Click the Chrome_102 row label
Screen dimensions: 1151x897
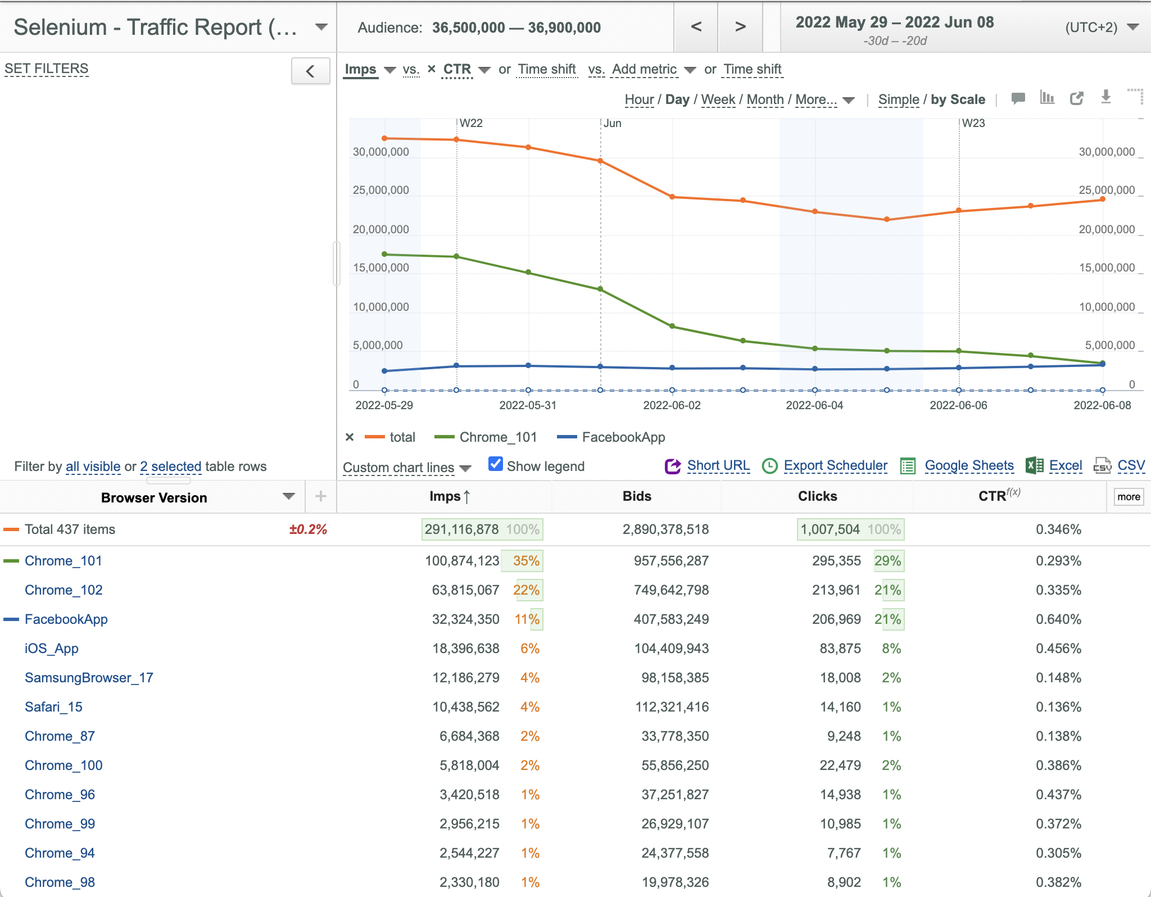pyautogui.click(x=64, y=590)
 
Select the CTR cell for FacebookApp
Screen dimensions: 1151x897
pyautogui.click(x=1058, y=619)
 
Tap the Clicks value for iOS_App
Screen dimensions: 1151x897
pyautogui.click(x=840, y=649)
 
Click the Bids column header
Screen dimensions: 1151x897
pyautogui.click(x=637, y=496)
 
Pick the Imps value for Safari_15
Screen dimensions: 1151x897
pyautogui.click(x=466, y=707)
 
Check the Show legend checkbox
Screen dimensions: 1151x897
pyautogui.click(x=495, y=464)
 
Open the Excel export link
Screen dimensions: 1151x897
pyautogui.click(x=1066, y=465)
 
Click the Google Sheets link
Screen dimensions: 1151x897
pyautogui.click(x=969, y=465)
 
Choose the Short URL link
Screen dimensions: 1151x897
pyautogui.click(x=718, y=465)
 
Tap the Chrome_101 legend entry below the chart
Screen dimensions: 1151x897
pyautogui.click(x=498, y=437)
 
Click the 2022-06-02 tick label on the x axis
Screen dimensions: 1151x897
pyautogui.click(x=672, y=405)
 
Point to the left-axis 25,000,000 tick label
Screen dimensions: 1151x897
pyautogui.click(x=381, y=190)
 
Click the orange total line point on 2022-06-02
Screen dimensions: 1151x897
pyautogui.click(x=672, y=197)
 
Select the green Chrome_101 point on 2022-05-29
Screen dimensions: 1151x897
pyautogui.click(x=384, y=254)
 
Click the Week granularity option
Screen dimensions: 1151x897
pyautogui.click(x=718, y=99)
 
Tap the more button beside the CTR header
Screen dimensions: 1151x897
pyautogui.click(x=1129, y=497)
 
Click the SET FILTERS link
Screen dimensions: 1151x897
pyautogui.click(x=47, y=69)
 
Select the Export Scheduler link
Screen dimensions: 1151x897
pyautogui.click(x=835, y=465)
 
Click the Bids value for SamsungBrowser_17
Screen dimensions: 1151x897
pyautogui.click(x=675, y=678)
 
